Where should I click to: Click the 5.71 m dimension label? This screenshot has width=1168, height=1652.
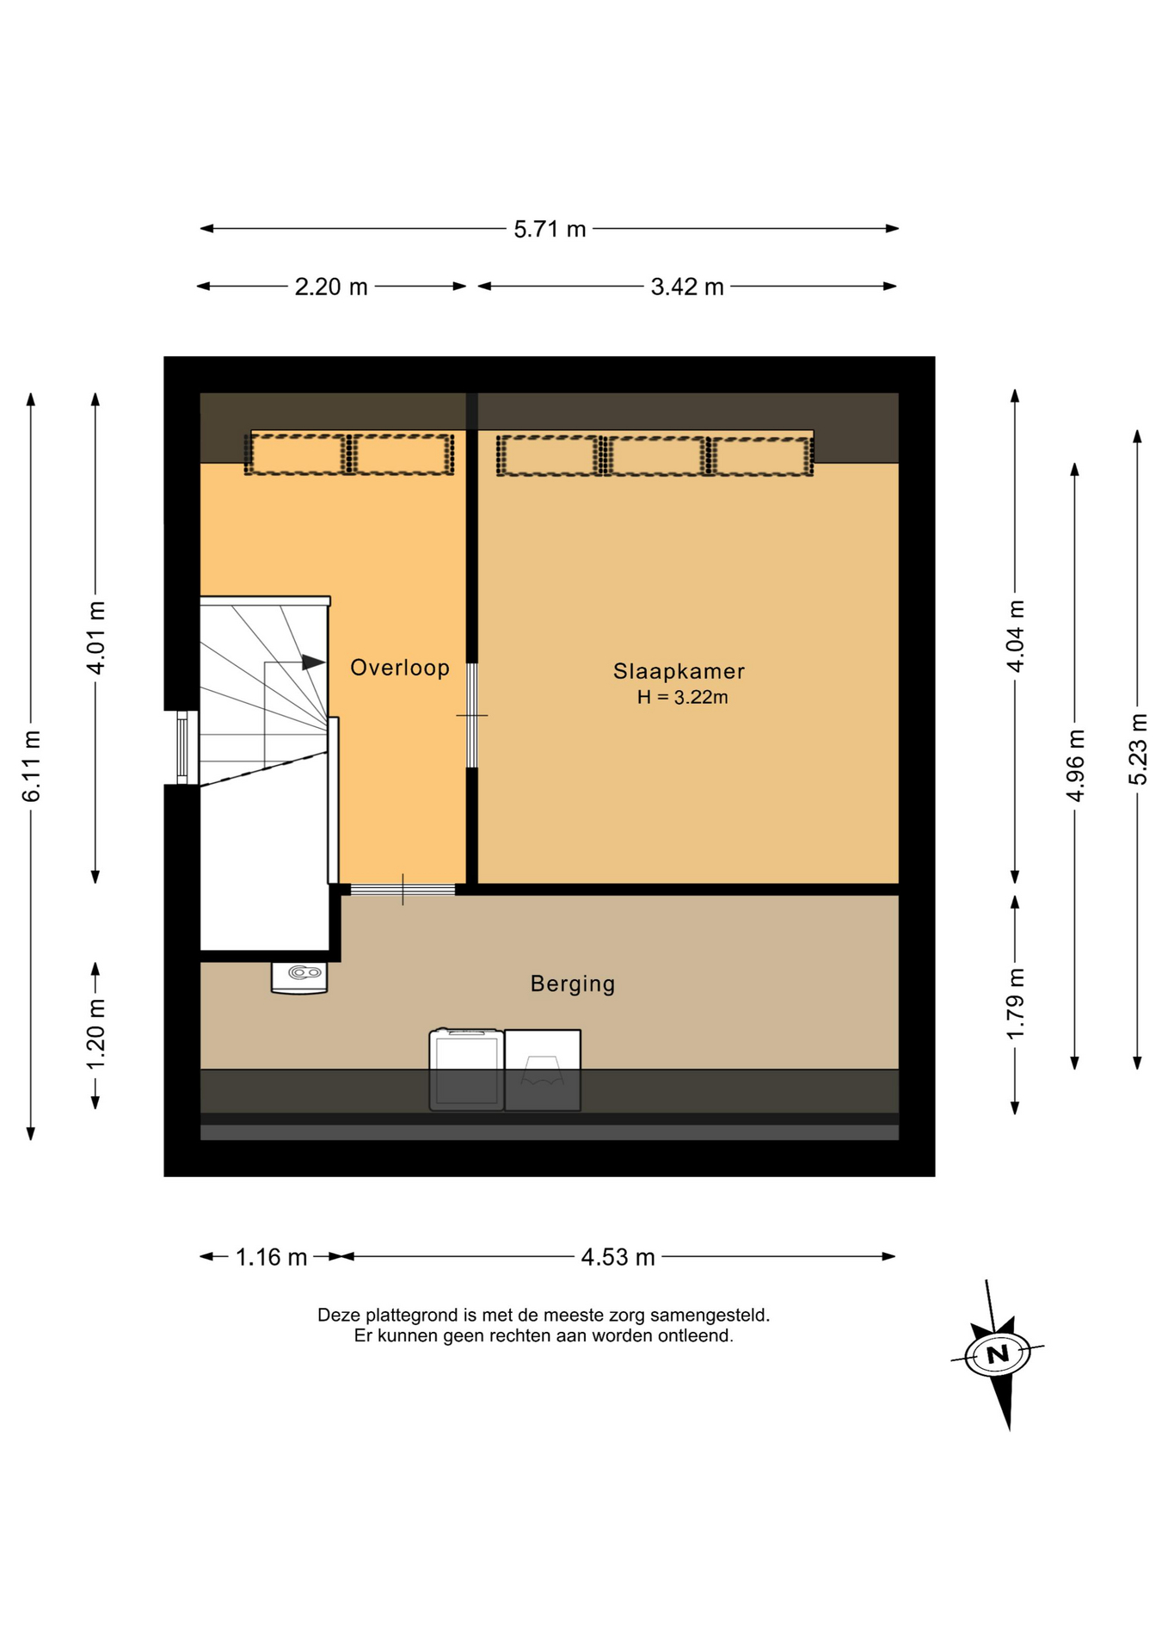point(550,230)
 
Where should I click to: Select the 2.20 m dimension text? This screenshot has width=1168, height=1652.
point(331,287)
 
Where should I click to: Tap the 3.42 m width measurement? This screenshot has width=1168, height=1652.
point(687,287)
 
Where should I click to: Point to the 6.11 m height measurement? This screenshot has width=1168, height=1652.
point(32,766)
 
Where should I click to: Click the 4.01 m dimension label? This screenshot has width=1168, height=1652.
point(96,638)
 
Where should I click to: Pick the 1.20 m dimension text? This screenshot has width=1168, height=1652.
point(96,1034)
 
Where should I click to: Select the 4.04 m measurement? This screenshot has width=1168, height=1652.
point(1016,636)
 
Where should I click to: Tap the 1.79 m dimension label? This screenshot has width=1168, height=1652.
point(1016,1003)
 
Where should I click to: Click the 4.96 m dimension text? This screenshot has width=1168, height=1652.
point(1075,765)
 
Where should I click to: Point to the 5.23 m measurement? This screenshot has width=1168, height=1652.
point(1138,749)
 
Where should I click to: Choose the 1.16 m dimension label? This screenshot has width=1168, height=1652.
point(272,1258)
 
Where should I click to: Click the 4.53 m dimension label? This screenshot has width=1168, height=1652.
point(618,1258)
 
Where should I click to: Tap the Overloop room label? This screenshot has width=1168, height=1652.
point(400,668)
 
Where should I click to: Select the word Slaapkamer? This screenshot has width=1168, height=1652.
point(679,671)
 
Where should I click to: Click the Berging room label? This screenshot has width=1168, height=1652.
point(573,984)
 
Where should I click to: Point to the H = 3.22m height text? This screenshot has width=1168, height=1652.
point(683,698)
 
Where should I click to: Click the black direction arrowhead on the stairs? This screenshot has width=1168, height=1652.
point(313,663)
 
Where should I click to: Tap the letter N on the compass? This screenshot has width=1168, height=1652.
point(998,1355)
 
